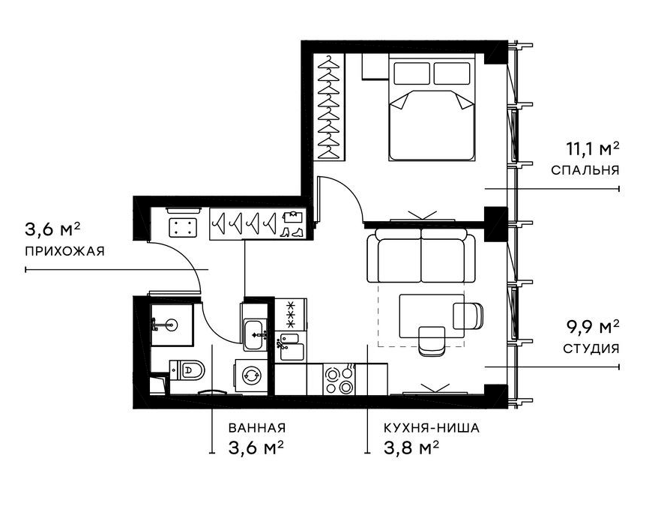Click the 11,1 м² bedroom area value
585,148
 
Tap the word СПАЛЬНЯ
585,170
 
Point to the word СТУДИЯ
591,349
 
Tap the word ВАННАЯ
257,428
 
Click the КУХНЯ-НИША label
431,428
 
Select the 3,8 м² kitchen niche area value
411,448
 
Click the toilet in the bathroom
188,369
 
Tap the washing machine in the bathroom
251,376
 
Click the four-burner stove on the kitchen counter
339,379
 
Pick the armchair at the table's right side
468,315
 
